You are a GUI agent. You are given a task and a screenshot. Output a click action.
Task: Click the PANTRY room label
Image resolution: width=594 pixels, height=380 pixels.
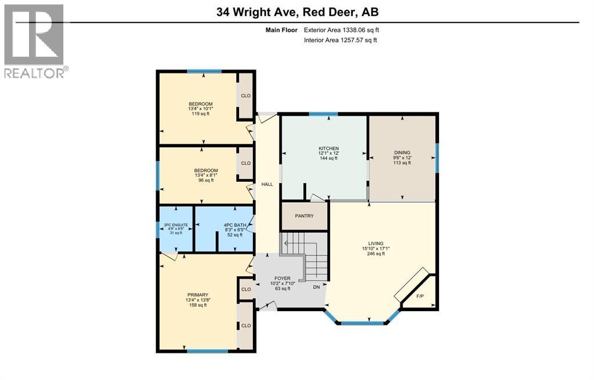click(x=304, y=216)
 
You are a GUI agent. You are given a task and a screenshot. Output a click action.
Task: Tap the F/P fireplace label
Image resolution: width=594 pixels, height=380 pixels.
click(x=420, y=296)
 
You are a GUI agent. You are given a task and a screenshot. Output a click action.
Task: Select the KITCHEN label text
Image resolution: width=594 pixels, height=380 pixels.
click(x=328, y=148)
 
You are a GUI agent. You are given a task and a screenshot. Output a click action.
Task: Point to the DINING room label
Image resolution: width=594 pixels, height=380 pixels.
click(x=401, y=152)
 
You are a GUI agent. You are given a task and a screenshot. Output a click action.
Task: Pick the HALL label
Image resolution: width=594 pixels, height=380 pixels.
click(x=267, y=184)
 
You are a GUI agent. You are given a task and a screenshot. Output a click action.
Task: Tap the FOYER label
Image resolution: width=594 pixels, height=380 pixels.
click(x=283, y=279)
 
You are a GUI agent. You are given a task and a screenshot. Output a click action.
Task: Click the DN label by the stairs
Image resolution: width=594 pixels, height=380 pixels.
click(x=316, y=287)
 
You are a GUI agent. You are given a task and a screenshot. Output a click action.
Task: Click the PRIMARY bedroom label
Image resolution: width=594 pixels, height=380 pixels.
click(x=197, y=295)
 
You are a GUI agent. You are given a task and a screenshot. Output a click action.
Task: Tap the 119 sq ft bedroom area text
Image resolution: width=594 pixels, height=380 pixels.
click(x=200, y=114)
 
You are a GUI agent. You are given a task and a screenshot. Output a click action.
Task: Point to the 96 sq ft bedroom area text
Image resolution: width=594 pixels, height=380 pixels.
click(x=206, y=180)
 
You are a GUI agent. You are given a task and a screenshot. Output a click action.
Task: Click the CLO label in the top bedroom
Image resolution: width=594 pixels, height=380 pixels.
click(x=246, y=96)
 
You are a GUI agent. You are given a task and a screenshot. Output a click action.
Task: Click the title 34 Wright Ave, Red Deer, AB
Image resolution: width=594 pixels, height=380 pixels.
click(x=297, y=12)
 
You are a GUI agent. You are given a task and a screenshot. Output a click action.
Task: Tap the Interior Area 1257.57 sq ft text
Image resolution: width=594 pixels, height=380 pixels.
click(x=341, y=40)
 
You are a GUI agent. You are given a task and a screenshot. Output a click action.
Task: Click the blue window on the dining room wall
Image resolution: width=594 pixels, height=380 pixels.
click(x=437, y=158)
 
